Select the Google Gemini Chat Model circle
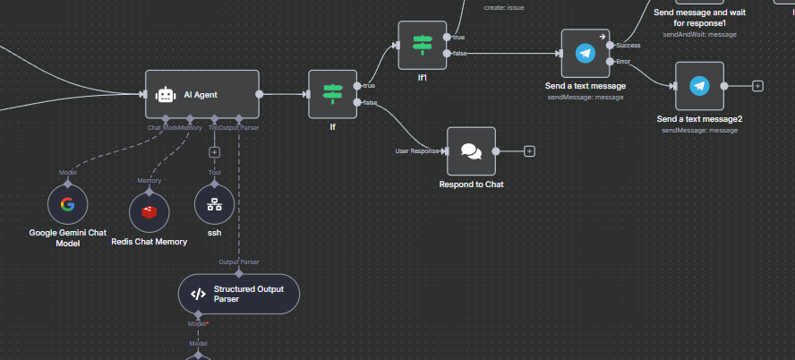click(x=67, y=203)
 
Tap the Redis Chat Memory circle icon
click(x=149, y=212)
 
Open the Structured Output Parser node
click(x=238, y=293)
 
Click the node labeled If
click(x=332, y=94)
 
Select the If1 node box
click(x=422, y=45)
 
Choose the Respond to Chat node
click(x=471, y=150)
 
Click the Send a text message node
click(x=585, y=53)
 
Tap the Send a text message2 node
click(x=699, y=86)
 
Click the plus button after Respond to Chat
click(x=529, y=150)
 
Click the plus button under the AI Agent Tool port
click(x=214, y=151)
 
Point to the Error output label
click(x=624, y=61)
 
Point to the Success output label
click(x=628, y=44)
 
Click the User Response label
click(x=416, y=150)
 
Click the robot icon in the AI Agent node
click(x=165, y=94)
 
